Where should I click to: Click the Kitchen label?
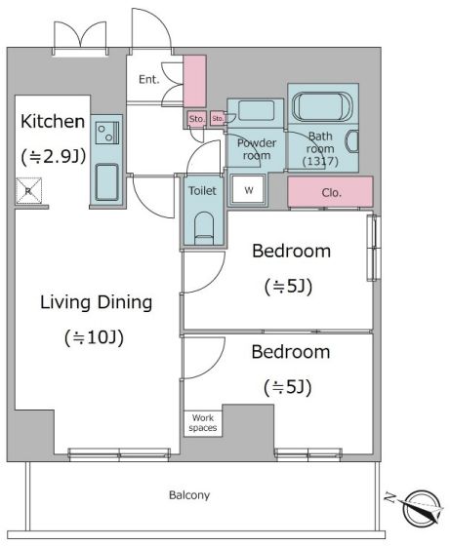click(x=53, y=122)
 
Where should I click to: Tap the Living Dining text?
click(x=96, y=302)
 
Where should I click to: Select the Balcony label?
click(x=189, y=495)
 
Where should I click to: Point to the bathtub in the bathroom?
click(x=321, y=106)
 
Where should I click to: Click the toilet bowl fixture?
click(x=204, y=228)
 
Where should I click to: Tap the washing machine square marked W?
click(x=249, y=189)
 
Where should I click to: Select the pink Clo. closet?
click(x=331, y=192)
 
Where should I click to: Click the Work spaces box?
click(x=203, y=423)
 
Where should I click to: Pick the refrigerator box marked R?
click(x=29, y=190)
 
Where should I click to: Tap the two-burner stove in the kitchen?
click(x=107, y=133)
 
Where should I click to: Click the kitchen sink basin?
click(x=107, y=182)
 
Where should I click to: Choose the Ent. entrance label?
click(x=149, y=80)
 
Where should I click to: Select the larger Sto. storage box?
click(x=196, y=119)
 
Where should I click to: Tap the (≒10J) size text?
click(x=95, y=337)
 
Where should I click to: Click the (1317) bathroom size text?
click(x=320, y=161)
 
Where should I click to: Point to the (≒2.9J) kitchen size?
click(x=54, y=157)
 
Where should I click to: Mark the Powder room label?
click(x=257, y=149)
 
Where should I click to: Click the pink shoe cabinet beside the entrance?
click(x=194, y=81)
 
